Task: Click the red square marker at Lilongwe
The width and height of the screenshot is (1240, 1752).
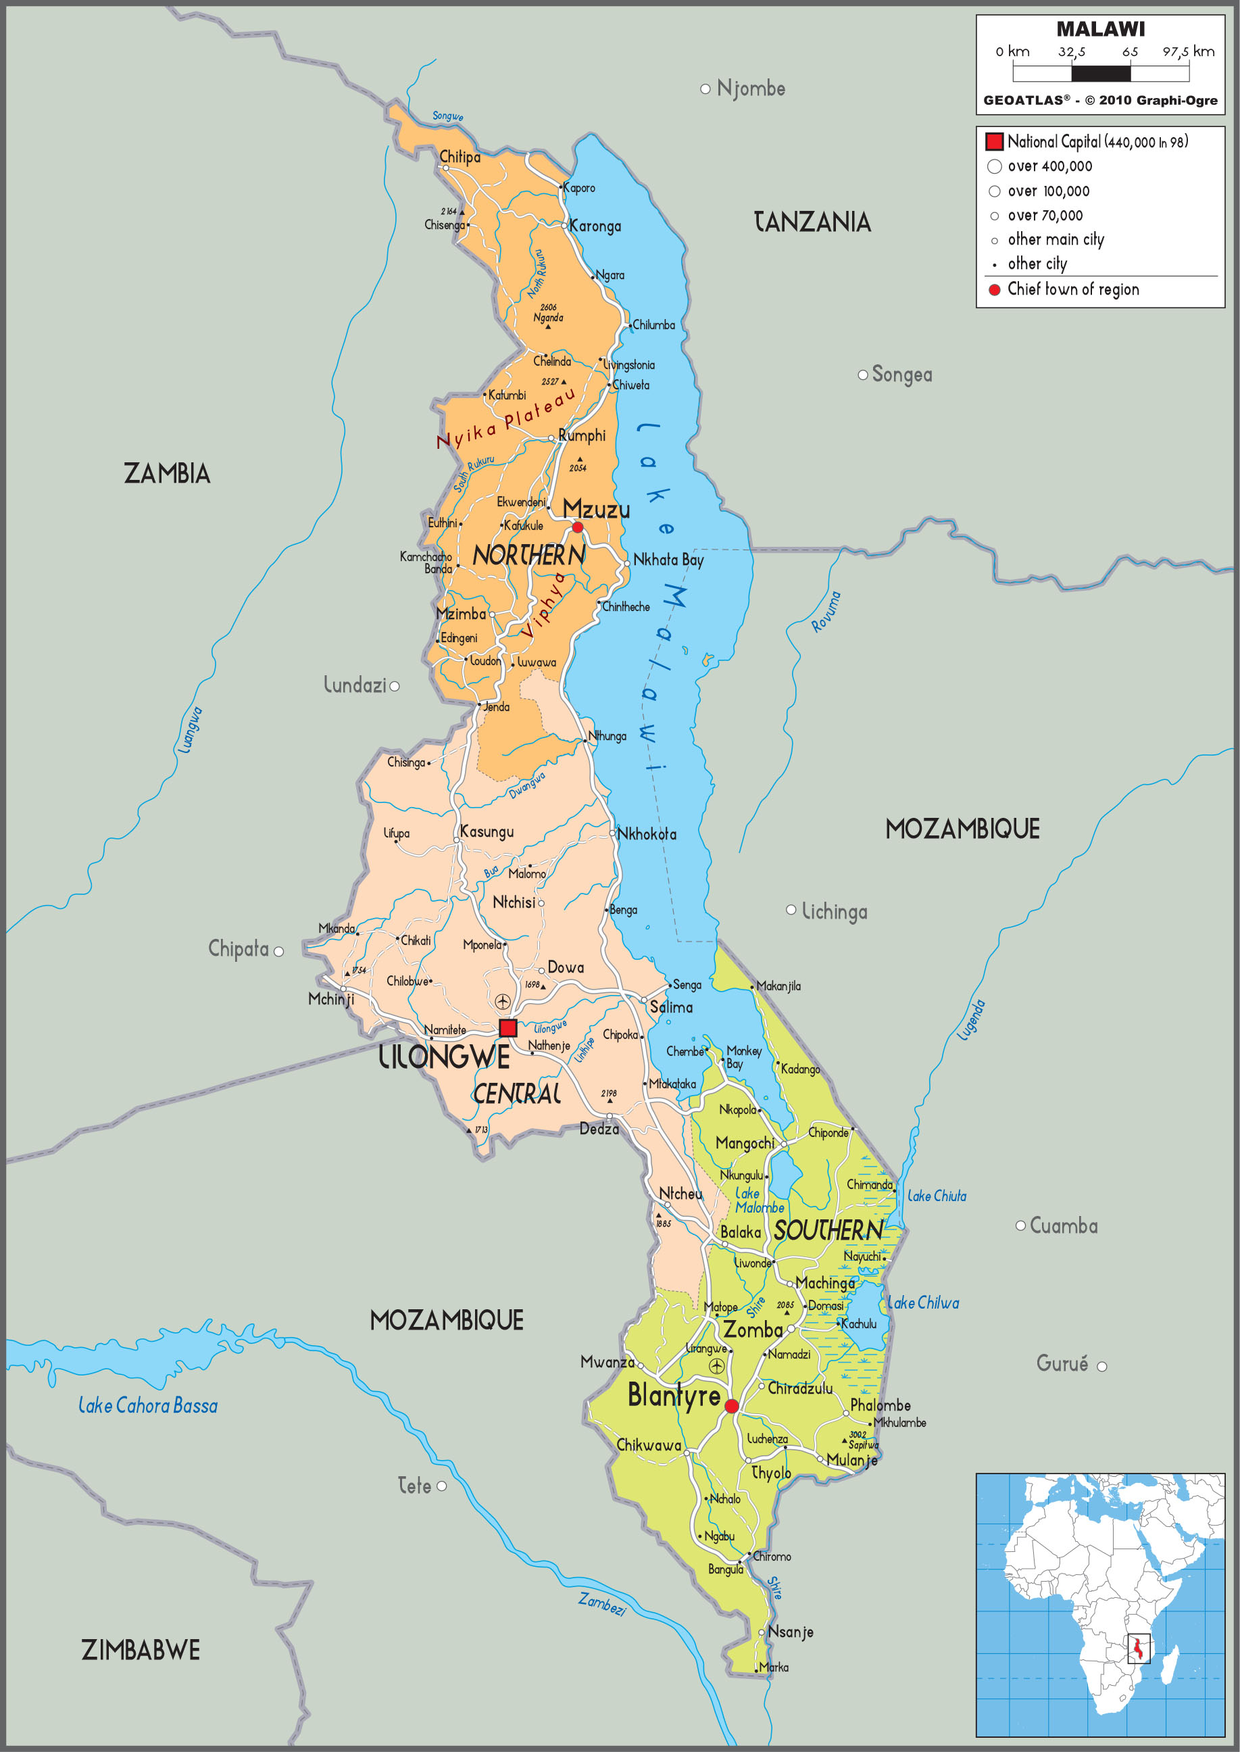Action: click(x=507, y=1028)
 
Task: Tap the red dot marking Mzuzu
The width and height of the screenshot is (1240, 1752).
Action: click(x=578, y=527)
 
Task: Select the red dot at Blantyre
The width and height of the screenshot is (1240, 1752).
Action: click(x=731, y=1406)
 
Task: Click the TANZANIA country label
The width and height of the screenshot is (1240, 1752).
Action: click(x=812, y=222)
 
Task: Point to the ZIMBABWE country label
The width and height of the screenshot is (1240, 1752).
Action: click(x=141, y=1651)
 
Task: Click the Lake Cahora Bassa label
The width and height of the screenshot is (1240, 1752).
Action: click(x=148, y=1405)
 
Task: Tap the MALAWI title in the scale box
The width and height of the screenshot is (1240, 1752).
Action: click(x=1100, y=29)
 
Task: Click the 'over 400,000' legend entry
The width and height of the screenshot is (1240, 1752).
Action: click(x=1049, y=166)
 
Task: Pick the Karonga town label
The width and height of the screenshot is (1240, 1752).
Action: click(x=595, y=226)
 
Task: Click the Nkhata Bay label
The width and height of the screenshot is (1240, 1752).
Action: click(x=668, y=560)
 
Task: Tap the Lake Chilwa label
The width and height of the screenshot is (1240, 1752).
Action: click(x=922, y=1303)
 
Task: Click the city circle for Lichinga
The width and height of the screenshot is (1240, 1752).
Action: click(x=791, y=910)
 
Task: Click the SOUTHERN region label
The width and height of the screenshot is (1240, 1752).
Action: click(x=828, y=1230)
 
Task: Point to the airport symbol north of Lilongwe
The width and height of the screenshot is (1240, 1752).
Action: click(x=502, y=1001)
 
